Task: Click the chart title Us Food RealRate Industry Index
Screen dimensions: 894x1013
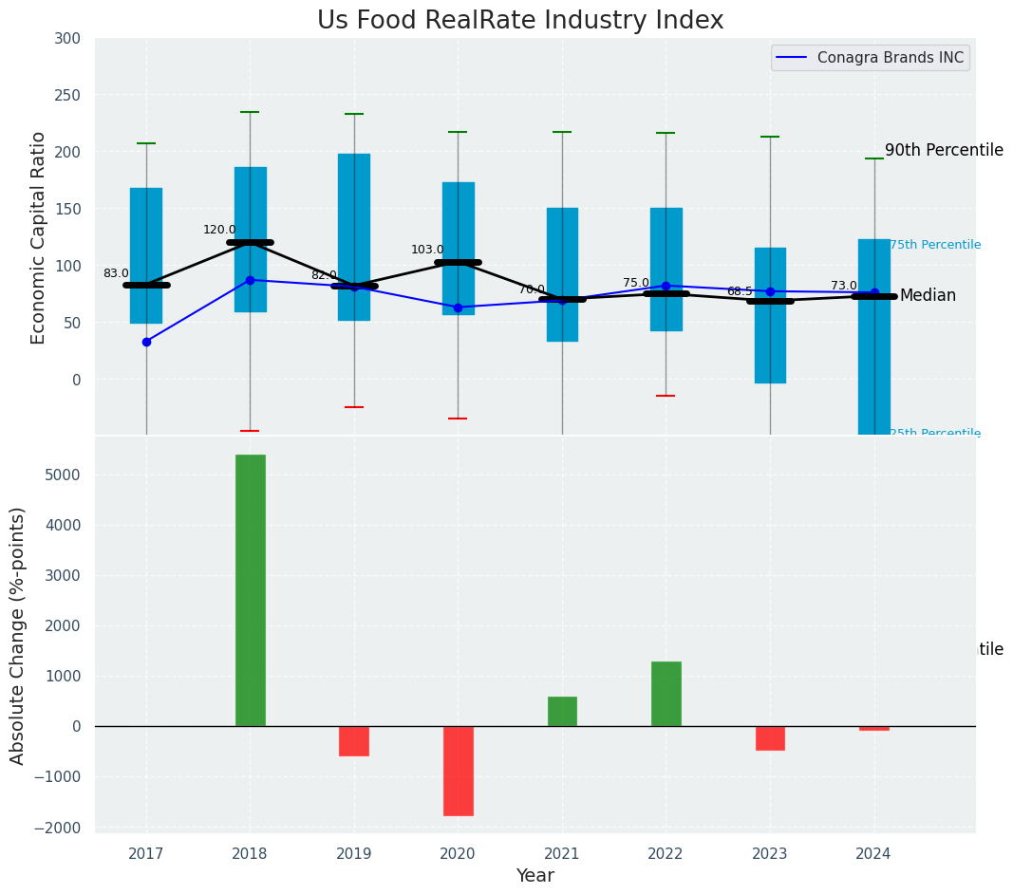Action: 519,21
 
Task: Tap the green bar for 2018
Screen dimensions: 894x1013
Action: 251,590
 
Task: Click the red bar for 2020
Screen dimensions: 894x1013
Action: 458,771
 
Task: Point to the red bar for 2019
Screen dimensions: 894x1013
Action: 354,741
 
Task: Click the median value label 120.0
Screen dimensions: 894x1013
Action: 219,230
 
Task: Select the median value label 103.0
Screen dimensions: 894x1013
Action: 427,250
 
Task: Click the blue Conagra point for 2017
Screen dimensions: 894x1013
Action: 146,342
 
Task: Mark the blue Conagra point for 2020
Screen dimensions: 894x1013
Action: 458,307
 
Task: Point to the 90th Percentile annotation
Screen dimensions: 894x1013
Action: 944,150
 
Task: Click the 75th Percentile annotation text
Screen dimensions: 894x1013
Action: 935,245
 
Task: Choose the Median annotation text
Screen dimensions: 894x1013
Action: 928,296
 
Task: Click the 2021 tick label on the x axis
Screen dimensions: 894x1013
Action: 562,854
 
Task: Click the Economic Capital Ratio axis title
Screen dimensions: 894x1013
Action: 39,237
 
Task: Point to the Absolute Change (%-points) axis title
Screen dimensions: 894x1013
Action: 18,635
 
